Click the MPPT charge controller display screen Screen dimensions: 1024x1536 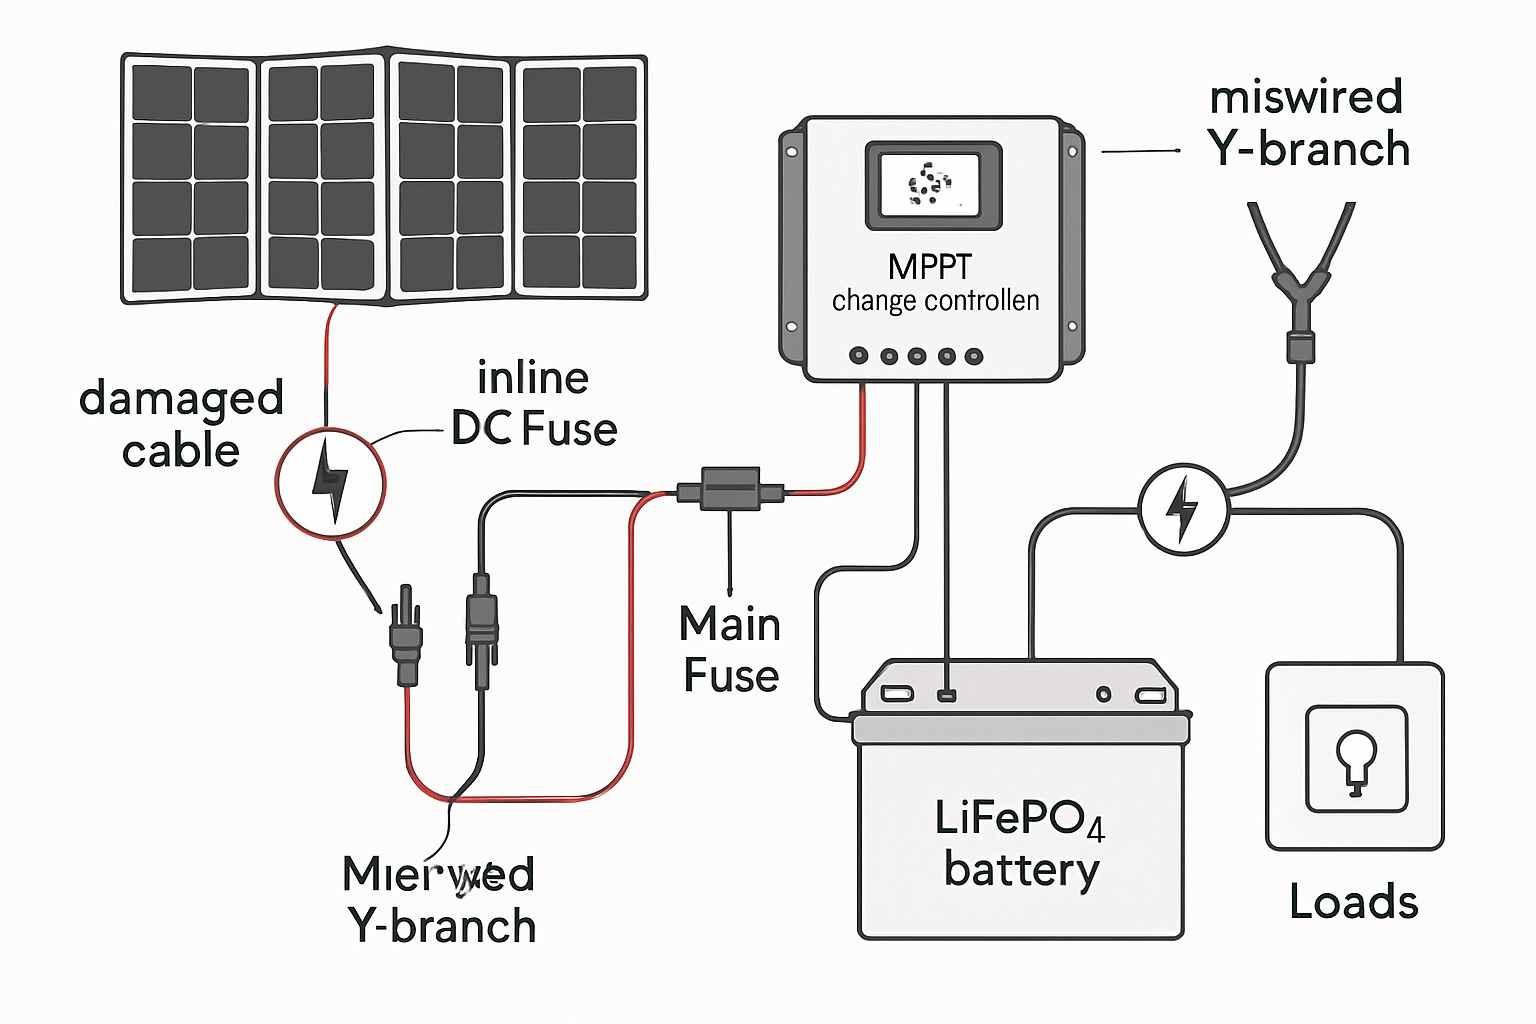pyautogui.click(x=932, y=186)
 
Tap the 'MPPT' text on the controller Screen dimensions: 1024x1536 pyautogui.click(x=929, y=267)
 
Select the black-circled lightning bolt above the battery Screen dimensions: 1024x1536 pyautogui.click(x=1183, y=509)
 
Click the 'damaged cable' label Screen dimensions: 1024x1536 pyautogui.click(x=181, y=424)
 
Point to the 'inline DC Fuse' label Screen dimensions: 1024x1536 pyautogui.click(x=534, y=404)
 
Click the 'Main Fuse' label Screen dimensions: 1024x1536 pyautogui.click(x=730, y=650)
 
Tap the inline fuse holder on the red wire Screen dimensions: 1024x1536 pyautogui.click(x=730, y=489)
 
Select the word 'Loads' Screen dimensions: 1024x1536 pyautogui.click(x=1353, y=902)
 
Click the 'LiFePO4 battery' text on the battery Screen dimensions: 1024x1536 pyautogui.click(x=1020, y=843)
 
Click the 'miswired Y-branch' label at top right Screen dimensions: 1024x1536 pyautogui.click(x=1308, y=123)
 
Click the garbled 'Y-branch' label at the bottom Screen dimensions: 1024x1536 pyautogui.click(x=440, y=900)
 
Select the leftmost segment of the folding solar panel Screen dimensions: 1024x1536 pyautogui.click(x=190, y=178)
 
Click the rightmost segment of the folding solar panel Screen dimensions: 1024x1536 pyautogui.click(x=580, y=178)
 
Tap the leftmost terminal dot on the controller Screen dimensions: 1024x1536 pyautogui.click(x=858, y=356)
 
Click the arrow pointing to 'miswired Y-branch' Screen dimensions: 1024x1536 pyautogui.click(x=1140, y=151)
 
